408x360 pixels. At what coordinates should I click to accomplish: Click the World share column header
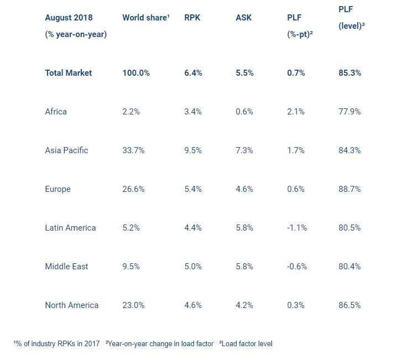pyautogui.click(x=145, y=18)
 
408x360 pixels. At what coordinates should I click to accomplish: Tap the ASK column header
pyautogui.click(x=243, y=18)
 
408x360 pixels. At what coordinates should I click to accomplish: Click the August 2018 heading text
pyautogui.click(x=69, y=18)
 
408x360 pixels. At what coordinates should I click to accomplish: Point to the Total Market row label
pyautogui.click(x=69, y=73)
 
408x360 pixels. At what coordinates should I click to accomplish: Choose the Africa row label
pyautogui.click(x=56, y=112)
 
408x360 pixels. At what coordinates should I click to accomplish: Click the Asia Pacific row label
pyautogui.click(x=66, y=150)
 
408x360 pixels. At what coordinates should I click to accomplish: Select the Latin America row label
pyautogui.click(x=70, y=228)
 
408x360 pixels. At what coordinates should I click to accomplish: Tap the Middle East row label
pyautogui.click(x=66, y=267)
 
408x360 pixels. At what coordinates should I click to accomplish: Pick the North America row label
pyautogui.click(x=72, y=305)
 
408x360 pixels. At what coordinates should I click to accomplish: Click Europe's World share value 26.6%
pyautogui.click(x=133, y=189)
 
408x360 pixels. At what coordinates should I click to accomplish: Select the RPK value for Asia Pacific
pyautogui.click(x=193, y=150)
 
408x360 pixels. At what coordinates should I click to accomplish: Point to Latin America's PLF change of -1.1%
pyautogui.click(x=297, y=228)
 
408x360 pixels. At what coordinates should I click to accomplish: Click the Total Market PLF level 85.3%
pyautogui.click(x=349, y=73)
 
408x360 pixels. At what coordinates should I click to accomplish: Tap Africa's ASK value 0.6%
pyautogui.click(x=244, y=112)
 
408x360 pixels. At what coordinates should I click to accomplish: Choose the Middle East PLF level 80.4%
pyautogui.click(x=349, y=267)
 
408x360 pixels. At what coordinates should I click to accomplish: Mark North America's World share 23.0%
pyautogui.click(x=133, y=305)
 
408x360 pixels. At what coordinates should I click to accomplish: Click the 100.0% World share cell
pyautogui.click(x=136, y=73)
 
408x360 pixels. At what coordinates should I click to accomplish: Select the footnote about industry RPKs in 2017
pyautogui.click(x=56, y=344)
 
